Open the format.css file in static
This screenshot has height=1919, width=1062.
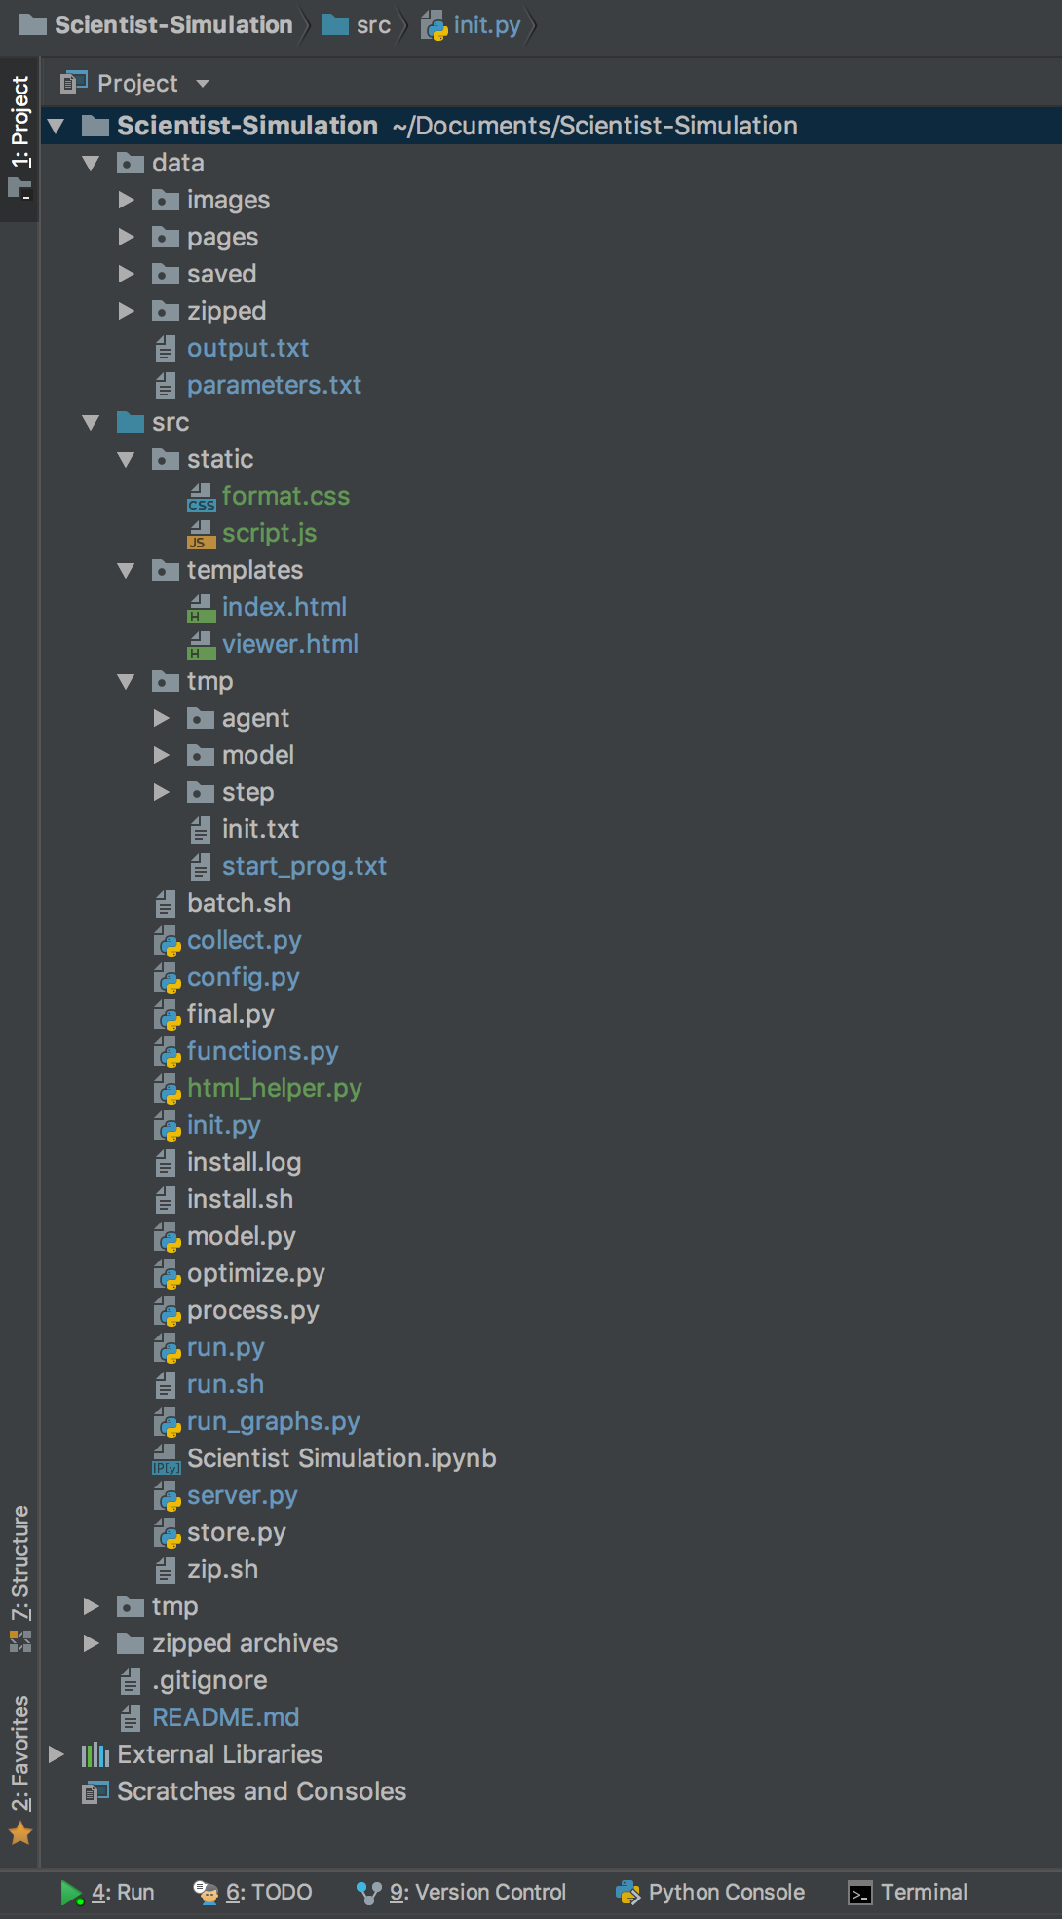(284, 496)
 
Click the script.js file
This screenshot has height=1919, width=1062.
(269, 533)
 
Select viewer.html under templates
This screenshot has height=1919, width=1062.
(289, 644)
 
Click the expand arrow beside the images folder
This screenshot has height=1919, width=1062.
(127, 200)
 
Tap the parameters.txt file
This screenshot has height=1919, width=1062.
(274, 385)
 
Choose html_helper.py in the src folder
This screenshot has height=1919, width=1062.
(274, 1088)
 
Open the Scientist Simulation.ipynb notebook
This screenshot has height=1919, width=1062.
(341, 1458)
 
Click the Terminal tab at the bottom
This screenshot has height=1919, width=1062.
(923, 1892)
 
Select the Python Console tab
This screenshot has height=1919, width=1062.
(726, 1892)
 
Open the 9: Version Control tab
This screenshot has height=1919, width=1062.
(477, 1892)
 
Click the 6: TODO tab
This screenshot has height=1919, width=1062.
(268, 1892)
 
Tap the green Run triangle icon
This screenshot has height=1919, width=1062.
(71, 1892)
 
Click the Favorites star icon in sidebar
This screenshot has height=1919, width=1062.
(20, 1834)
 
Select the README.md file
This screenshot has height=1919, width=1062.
(225, 1717)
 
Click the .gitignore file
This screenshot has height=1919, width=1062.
(209, 1680)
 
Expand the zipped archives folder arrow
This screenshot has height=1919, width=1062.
(92, 1643)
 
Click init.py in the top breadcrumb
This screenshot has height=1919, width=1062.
(486, 25)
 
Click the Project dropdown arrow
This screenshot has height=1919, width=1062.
(203, 84)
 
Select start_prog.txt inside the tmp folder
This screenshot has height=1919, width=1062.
(304, 866)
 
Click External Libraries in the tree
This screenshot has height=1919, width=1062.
(219, 1754)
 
